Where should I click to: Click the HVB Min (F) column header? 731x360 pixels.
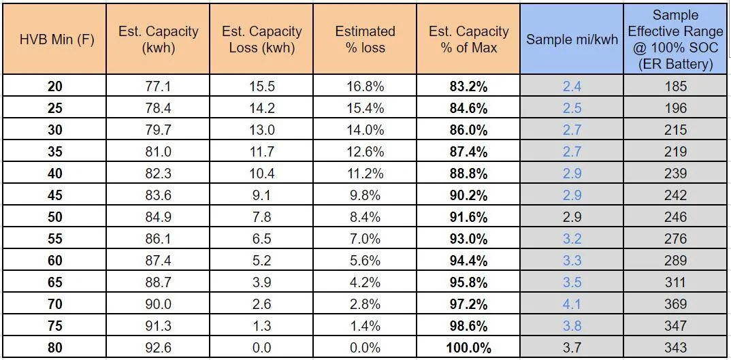pos(57,39)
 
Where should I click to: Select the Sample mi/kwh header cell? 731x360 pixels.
pos(572,39)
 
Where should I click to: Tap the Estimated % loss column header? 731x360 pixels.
pos(365,39)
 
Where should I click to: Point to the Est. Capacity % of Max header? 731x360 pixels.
pos(469,39)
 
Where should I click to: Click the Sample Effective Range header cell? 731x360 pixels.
pos(675,39)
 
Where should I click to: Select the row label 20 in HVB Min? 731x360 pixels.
pos(55,86)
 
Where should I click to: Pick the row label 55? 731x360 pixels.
pos(55,239)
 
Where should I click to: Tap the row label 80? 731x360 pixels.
pos(55,347)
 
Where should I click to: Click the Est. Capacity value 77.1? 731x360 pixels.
pos(159,86)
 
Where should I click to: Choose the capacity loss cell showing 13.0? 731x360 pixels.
pos(262,129)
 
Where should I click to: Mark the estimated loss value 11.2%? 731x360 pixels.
pos(365,174)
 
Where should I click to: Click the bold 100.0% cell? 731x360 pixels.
pos(468,347)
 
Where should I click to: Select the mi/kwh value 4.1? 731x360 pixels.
pos(572,304)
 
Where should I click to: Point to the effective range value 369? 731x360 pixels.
pos(675,304)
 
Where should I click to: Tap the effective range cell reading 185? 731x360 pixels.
pos(675,86)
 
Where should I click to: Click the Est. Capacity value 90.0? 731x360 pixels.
pos(159,304)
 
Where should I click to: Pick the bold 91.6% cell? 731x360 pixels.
pos(468,217)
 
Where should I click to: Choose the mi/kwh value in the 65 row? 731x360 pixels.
pos(572,282)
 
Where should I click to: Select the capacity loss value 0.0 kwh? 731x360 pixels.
pos(262,347)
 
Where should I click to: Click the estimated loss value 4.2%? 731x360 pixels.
pos(365,282)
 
